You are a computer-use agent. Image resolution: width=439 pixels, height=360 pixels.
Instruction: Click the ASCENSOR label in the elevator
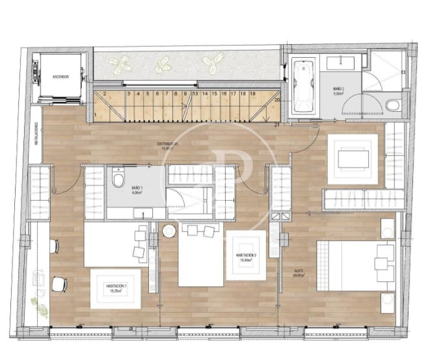click(x=60, y=77)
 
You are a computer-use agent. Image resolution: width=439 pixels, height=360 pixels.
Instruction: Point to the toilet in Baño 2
click(x=393, y=105)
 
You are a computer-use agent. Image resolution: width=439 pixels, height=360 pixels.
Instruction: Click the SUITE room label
click(x=299, y=273)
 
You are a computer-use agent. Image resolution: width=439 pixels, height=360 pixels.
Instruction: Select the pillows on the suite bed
click(x=384, y=263)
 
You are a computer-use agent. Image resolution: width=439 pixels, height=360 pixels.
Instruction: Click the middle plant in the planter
click(x=164, y=64)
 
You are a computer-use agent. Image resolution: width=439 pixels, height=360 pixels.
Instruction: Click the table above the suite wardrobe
click(x=354, y=159)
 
